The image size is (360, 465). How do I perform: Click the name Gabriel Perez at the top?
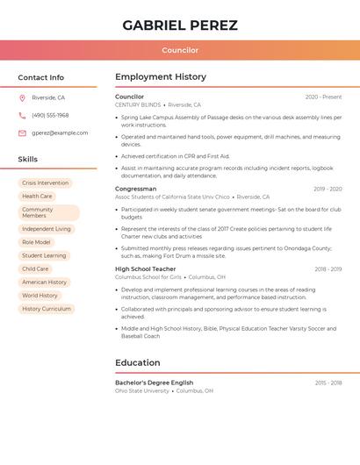[180, 25]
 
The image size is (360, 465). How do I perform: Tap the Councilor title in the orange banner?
[180, 50]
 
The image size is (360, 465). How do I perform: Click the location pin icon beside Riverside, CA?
[22, 97]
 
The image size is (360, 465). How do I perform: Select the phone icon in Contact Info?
[22, 115]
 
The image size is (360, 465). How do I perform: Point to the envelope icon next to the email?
[22, 132]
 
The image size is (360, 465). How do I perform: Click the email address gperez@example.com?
[60, 132]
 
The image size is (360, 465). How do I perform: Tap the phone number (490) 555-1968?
[50, 115]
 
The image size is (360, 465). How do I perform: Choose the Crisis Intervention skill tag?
[45, 183]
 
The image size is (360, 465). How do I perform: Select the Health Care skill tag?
[37, 197]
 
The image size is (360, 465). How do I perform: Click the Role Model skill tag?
[36, 242]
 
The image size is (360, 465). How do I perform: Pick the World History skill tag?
[40, 296]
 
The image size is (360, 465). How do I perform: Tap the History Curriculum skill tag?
[46, 309]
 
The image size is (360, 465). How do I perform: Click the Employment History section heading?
[161, 77]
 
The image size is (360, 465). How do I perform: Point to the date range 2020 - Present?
[323, 97]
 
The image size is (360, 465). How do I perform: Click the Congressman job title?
[135, 189]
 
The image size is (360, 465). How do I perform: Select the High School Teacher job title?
[145, 269]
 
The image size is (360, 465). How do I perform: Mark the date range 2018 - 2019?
[328, 269]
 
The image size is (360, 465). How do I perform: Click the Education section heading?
[137, 362]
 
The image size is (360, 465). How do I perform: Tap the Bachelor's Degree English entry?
[154, 383]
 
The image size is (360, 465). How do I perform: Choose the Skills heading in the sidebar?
[28, 160]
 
